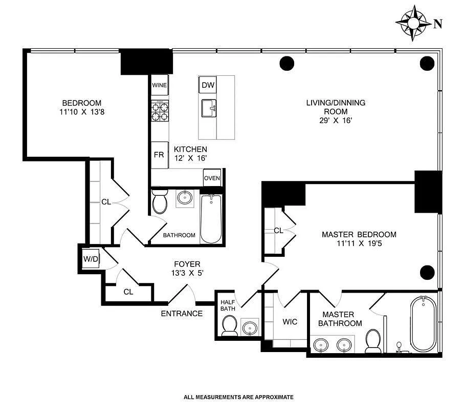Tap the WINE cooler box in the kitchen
159,85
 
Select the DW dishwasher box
207,85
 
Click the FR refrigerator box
159,154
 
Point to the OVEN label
212,178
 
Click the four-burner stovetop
159,112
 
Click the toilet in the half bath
229,325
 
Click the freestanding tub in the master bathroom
423,324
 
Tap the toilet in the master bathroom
373,340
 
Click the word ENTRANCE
182,314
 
